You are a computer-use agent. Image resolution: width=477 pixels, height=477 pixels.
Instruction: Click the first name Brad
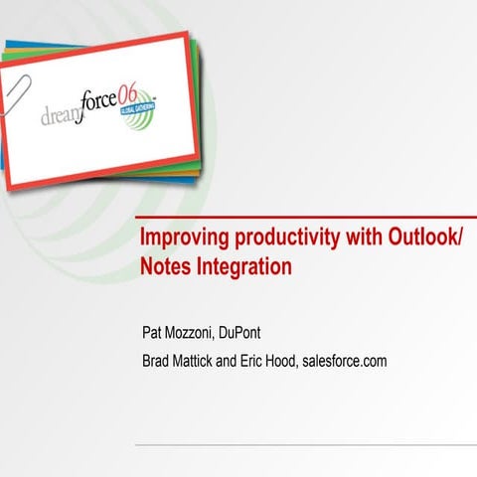tap(160, 360)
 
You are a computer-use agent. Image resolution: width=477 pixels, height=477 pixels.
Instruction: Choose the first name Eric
tap(277, 360)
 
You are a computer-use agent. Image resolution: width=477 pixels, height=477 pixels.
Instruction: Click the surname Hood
tap(315, 360)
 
